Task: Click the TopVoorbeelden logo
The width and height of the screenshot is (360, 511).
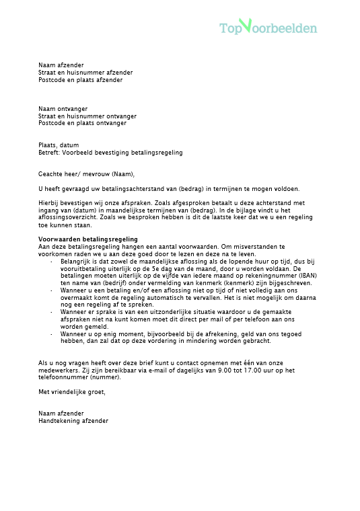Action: coord(268,28)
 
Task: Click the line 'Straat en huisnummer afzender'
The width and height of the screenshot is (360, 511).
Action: coord(85,73)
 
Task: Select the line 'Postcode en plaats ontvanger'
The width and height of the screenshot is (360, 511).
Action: coord(82,123)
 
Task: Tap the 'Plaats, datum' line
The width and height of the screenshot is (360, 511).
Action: coord(59,145)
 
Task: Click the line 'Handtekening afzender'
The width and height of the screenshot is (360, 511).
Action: coord(73,421)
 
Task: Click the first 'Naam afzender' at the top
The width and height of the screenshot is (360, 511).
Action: coord(61,65)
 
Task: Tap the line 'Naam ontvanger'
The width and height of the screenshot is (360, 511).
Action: coord(63,109)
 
